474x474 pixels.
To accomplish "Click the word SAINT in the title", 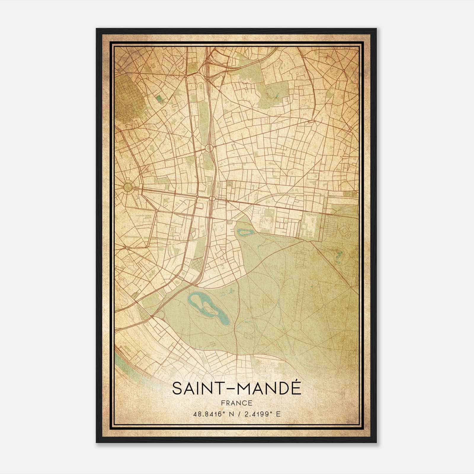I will point(197,388).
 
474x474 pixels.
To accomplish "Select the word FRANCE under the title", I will point(236,403).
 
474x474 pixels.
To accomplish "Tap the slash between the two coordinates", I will point(239,414).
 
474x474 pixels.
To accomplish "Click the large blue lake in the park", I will point(207,308).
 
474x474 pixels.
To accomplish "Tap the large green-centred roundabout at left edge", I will point(128,187).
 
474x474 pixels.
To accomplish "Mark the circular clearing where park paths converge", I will point(296,326).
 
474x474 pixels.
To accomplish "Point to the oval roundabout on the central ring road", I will point(208,148).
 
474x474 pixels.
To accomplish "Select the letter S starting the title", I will point(176,388).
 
